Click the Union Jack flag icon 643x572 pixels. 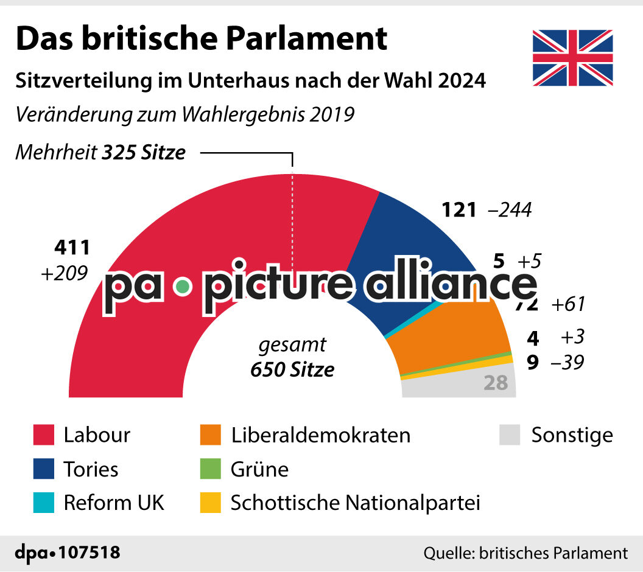[572, 58]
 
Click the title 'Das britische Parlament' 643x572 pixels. [201, 38]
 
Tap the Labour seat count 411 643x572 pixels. [72, 248]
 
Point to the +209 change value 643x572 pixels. [64, 273]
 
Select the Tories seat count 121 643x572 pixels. [458, 210]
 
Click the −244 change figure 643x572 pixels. [510, 210]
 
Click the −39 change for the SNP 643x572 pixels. [567, 363]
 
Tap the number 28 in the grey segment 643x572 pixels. [496, 383]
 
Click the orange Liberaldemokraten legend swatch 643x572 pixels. [210, 435]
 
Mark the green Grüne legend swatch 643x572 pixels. [210, 469]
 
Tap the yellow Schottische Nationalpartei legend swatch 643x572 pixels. [210, 503]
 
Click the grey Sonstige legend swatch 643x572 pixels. [510, 435]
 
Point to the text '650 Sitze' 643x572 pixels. [292, 369]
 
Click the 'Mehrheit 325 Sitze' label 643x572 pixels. [100, 152]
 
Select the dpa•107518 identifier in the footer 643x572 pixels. [67, 553]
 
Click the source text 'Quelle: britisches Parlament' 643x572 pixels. [525, 553]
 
